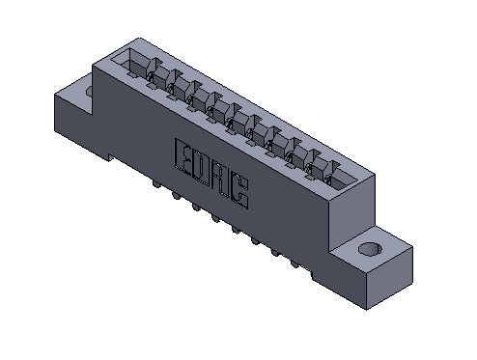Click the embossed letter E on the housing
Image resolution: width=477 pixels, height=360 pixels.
point(184,157)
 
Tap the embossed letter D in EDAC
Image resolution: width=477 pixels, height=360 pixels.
point(203,168)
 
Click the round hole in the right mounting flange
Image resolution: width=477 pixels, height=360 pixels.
point(368,251)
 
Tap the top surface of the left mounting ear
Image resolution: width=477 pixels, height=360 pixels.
point(77,93)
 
